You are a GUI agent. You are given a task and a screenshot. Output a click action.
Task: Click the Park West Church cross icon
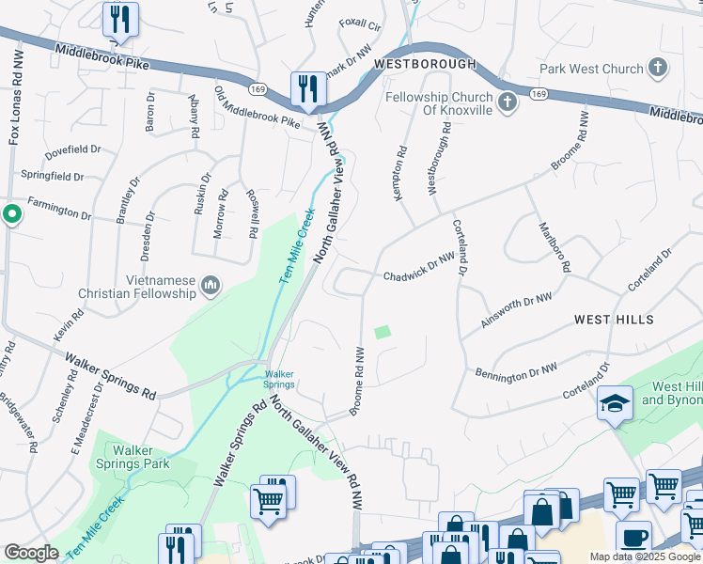(x=657, y=69)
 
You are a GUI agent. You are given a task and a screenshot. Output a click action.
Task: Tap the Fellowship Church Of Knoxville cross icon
(x=508, y=102)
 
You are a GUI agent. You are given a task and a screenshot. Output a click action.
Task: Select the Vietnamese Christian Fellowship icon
(x=211, y=285)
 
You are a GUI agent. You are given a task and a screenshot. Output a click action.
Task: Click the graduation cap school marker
(x=615, y=401)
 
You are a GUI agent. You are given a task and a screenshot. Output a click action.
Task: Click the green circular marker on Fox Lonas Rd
(x=11, y=214)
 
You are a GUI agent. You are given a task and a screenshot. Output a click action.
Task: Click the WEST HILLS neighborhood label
(x=614, y=321)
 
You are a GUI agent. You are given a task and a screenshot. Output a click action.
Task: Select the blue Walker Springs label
(x=278, y=379)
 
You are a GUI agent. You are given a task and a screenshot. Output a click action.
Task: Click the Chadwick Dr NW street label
(x=418, y=276)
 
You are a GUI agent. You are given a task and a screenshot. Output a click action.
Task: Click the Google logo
(x=31, y=552)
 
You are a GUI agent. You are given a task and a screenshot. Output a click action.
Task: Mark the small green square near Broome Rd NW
(x=382, y=332)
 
